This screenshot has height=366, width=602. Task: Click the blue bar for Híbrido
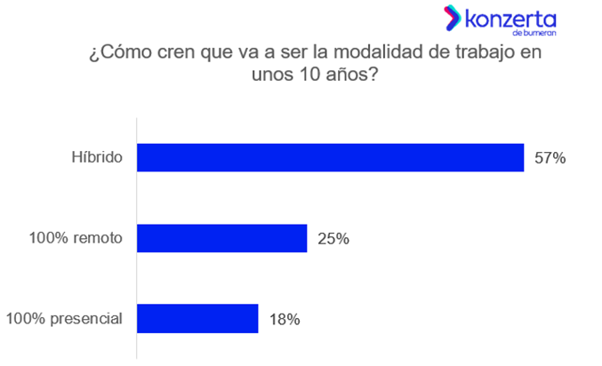330,158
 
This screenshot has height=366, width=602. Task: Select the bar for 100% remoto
221,238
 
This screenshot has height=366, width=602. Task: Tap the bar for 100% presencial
197,318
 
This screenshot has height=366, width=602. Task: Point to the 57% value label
550,159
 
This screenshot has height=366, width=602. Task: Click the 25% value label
333,238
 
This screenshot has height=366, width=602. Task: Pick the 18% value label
285,318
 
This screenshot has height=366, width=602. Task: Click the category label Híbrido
97,159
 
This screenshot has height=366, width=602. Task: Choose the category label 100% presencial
64,318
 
